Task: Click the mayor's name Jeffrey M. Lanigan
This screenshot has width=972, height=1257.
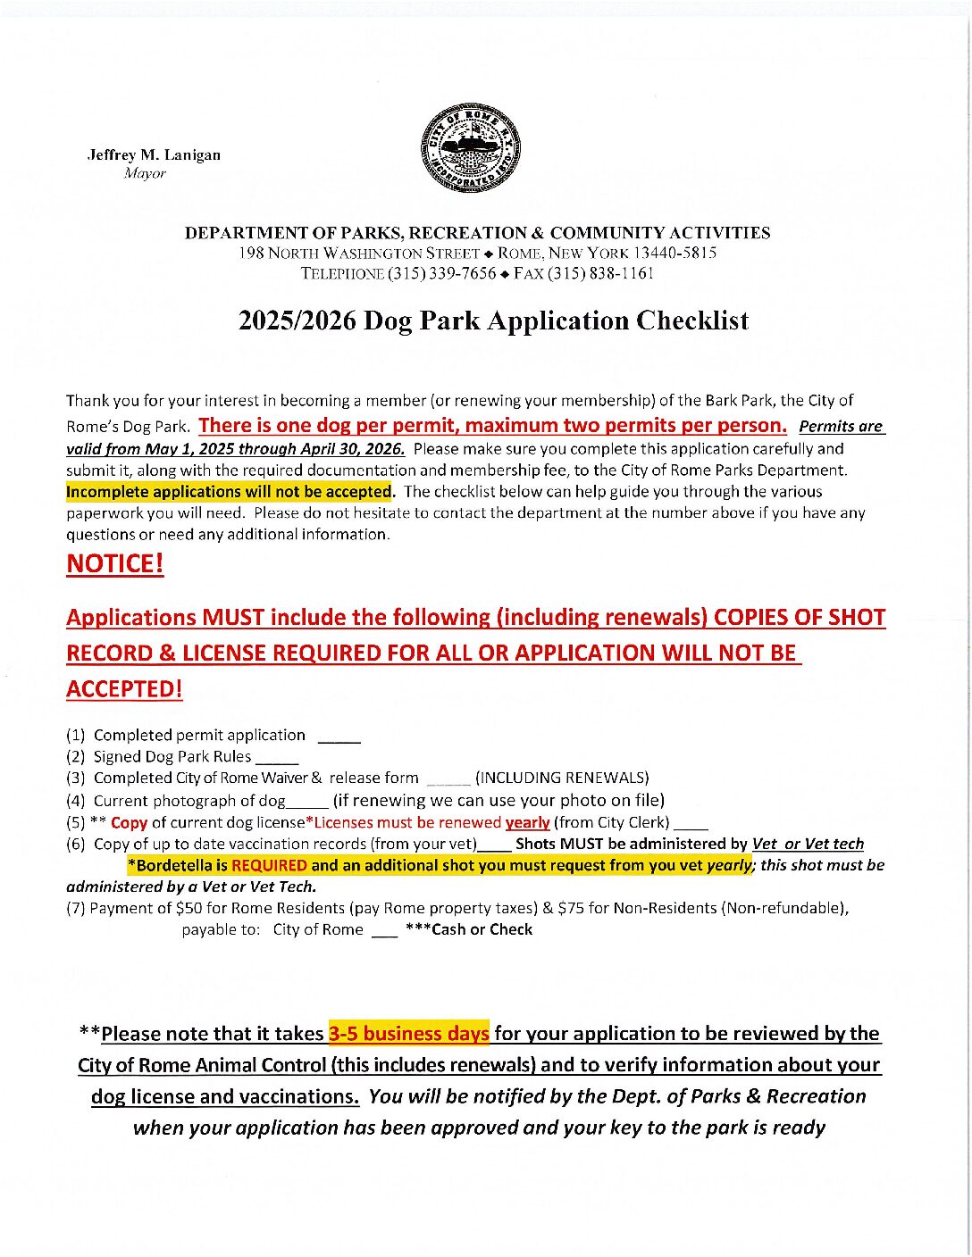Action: (154, 154)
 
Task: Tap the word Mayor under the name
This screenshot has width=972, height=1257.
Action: (145, 174)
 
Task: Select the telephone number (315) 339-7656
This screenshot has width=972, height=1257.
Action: (441, 273)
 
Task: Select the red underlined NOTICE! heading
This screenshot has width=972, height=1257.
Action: (115, 564)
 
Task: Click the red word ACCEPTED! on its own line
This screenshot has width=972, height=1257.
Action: (124, 689)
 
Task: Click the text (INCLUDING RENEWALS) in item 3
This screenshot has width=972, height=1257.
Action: (562, 778)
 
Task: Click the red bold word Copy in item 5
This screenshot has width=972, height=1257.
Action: (129, 822)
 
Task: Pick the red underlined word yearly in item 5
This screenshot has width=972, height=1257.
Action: (527, 822)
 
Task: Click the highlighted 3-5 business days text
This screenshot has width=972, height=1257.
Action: (408, 1033)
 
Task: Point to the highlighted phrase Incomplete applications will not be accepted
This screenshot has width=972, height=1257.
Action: (229, 492)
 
